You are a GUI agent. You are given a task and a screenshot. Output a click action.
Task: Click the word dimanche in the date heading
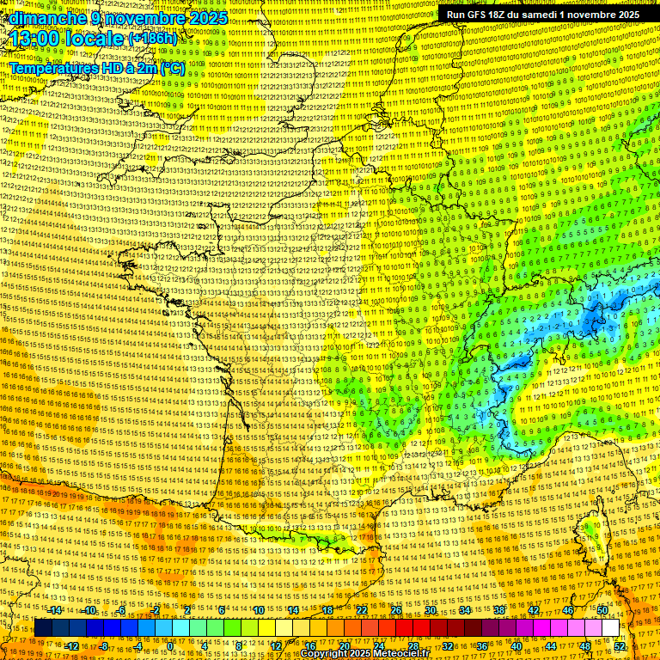pyautogui.click(x=44, y=18)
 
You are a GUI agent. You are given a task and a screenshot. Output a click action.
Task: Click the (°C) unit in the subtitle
pyautogui.click(x=170, y=67)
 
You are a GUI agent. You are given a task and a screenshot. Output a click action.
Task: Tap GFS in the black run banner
pyautogui.click(x=478, y=15)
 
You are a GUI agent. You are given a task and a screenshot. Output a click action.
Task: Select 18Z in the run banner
pyautogui.click(x=503, y=15)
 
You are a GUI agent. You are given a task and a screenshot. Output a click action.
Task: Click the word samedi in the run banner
pyautogui.click(x=550, y=15)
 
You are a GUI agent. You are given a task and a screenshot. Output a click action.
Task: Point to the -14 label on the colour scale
pyautogui.click(x=56, y=610)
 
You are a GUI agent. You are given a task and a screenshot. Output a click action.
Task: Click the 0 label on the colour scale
pyautogui.click(x=170, y=646)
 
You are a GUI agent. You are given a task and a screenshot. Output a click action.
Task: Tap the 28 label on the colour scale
pyautogui.click(x=413, y=646)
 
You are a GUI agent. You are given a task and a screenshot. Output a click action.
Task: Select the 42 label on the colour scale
pyautogui.click(x=533, y=610)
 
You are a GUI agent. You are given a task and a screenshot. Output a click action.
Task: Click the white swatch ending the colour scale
pyautogui.click(x=610, y=628)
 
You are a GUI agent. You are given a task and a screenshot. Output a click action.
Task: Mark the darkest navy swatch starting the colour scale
pyautogui.click(x=43, y=628)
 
